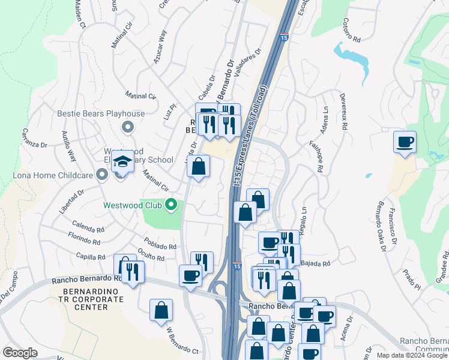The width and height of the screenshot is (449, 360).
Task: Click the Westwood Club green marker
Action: [x=171, y=205]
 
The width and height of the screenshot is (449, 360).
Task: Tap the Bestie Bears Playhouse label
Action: [x=101, y=113]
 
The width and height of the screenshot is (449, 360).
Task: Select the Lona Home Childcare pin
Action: [x=102, y=175]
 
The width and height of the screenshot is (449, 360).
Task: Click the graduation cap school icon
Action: [x=122, y=162]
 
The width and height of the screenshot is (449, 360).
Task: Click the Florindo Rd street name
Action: [x=84, y=241]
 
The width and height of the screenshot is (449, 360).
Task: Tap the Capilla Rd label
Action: [x=91, y=256]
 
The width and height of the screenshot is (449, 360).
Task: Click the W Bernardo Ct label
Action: [x=182, y=340]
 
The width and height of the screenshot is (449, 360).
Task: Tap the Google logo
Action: [x=20, y=353]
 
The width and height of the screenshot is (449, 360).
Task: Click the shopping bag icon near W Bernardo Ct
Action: [x=161, y=310]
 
